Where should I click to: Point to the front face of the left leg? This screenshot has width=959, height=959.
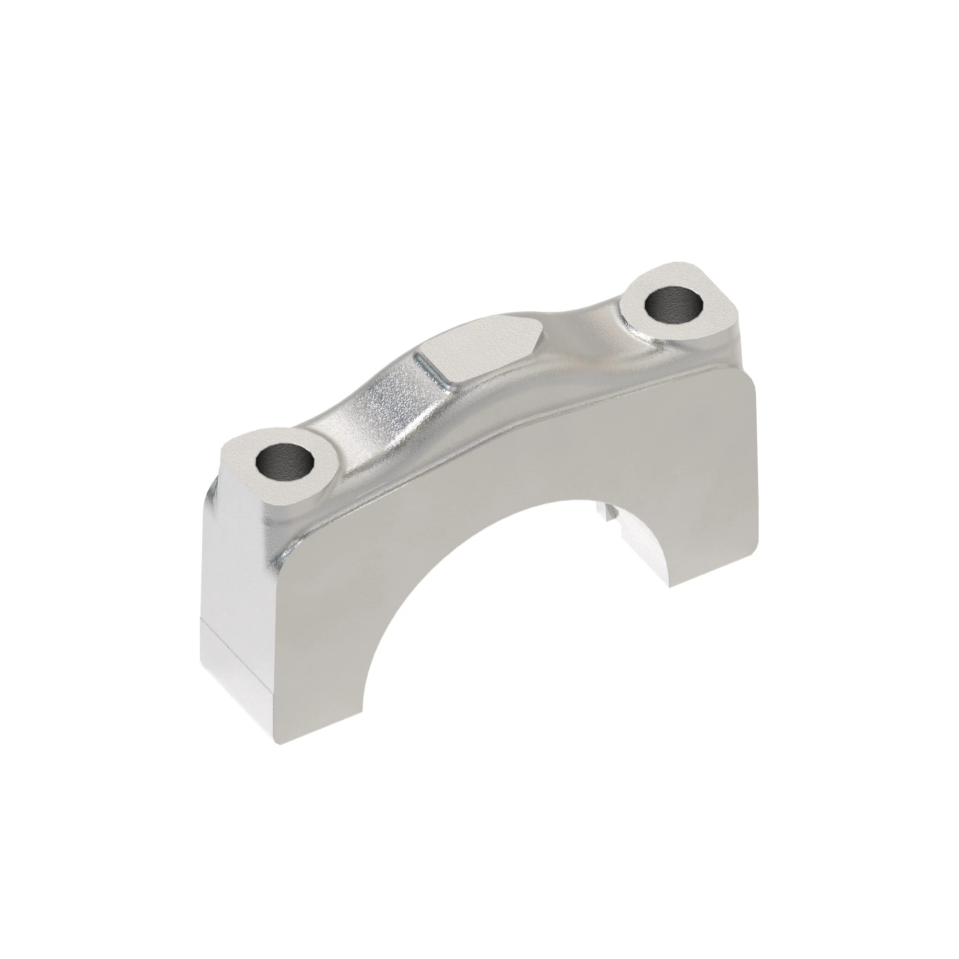click(318, 645)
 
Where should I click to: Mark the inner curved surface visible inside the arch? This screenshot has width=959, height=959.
click(645, 551)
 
